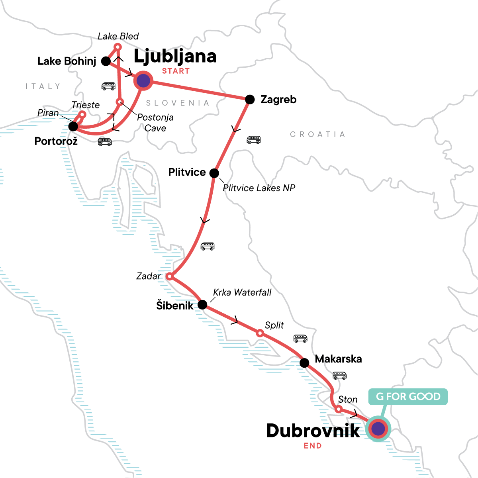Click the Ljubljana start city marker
143,81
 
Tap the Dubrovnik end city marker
378,429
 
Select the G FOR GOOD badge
408,397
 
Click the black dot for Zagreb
249,100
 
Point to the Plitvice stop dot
214,173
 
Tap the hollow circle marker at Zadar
169,276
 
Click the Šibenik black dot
202,305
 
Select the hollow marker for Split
260,333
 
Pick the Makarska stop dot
304,363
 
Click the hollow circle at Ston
338,409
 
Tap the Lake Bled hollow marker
118,47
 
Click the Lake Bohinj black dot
106,61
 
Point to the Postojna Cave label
155,123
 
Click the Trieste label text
86,105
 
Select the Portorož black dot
73,127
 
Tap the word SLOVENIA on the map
178,103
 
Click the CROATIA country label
317,134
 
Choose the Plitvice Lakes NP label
259,188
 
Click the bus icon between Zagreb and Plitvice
253,140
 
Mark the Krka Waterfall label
242,292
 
